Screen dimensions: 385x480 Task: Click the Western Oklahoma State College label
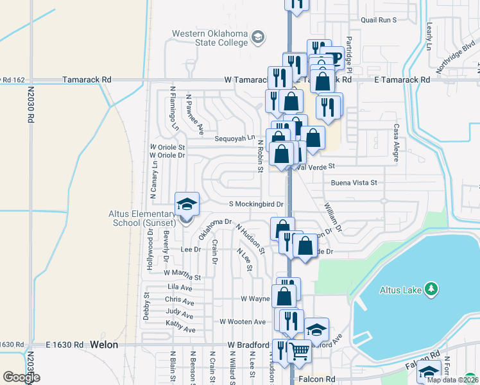tap(209, 38)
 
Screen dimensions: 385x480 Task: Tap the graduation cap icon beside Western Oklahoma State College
tap(258, 36)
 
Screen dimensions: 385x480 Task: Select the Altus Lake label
tap(399, 290)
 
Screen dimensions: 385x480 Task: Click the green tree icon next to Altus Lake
tap(432, 290)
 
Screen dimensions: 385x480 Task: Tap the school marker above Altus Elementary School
tap(187, 205)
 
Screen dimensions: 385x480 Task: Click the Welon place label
tap(104, 345)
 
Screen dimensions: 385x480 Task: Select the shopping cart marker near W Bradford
tap(298, 351)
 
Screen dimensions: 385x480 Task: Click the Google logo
tap(21, 377)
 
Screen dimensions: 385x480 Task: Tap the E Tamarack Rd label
tap(403, 80)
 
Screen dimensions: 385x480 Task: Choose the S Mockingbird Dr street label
tap(257, 204)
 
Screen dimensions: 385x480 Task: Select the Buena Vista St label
tap(354, 183)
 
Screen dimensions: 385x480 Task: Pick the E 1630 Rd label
tap(65, 345)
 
